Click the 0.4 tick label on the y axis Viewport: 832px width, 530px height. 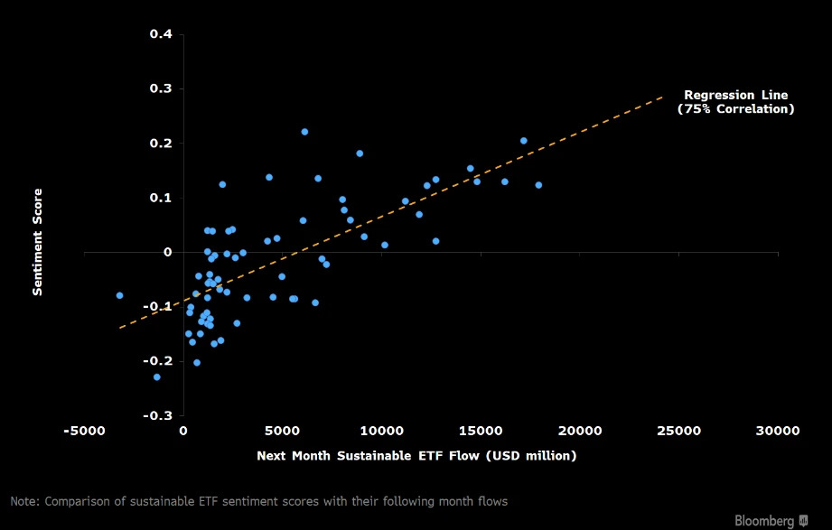161,34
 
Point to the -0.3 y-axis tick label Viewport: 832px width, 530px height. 158,415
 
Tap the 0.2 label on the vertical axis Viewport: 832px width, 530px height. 161,144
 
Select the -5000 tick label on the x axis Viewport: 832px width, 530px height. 84,431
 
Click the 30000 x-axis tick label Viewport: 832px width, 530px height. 778,431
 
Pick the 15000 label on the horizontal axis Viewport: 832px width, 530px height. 481,431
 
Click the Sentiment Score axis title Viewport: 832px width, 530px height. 37,242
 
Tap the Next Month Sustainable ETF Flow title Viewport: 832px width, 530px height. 416,456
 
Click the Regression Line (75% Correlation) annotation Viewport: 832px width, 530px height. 736,102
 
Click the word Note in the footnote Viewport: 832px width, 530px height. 24,501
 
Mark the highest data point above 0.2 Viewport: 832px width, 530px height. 304,132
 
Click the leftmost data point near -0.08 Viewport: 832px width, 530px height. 119,295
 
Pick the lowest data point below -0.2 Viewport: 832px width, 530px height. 156,377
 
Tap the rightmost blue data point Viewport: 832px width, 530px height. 538,185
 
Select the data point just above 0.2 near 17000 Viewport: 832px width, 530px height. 524,141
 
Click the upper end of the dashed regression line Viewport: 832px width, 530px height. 662,98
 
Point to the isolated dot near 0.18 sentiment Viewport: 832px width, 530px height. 360,153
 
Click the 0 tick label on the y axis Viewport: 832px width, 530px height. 168,253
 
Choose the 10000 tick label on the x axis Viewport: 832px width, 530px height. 382,431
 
